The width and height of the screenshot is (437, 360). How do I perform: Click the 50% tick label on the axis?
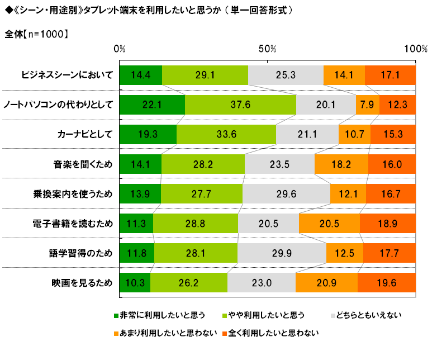[x=268, y=49]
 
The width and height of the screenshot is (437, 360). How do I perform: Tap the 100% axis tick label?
[x=415, y=49]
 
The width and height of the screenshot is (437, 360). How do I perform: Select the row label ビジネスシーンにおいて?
[x=67, y=75]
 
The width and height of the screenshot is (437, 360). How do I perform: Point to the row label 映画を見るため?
[x=82, y=283]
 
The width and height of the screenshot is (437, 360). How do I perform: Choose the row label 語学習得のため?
[x=82, y=253]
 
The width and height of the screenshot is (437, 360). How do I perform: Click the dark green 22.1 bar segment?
[x=152, y=105]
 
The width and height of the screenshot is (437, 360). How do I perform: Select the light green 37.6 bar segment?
[x=240, y=105]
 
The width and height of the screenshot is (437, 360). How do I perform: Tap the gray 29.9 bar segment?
[x=282, y=253]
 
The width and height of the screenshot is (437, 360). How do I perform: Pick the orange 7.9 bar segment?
[x=367, y=105]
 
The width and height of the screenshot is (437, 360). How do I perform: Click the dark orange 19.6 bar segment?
[x=387, y=283]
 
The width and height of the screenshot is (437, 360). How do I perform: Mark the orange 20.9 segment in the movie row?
[x=326, y=283]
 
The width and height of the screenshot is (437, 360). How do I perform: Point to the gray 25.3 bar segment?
[x=286, y=75]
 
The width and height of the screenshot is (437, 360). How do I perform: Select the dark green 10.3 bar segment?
[x=135, y=283]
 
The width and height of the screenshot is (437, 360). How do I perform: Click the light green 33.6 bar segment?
[x=226, y=134]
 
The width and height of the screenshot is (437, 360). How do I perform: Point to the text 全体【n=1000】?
[x=37, y=34]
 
